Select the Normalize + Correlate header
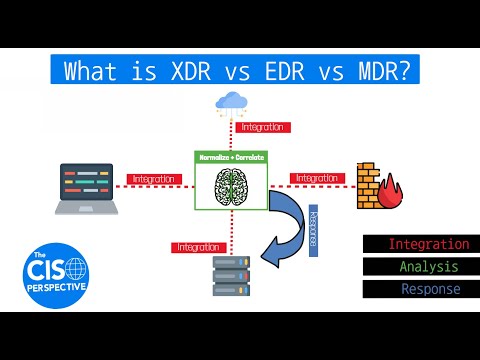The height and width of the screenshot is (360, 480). tap(234, 158)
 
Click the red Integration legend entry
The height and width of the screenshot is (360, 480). tap(421, 244)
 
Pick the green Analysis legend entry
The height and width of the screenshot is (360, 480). tap(421, 267)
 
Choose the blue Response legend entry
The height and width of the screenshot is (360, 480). tap(421, 289)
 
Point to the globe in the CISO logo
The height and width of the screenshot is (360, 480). tap(74, 268)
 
